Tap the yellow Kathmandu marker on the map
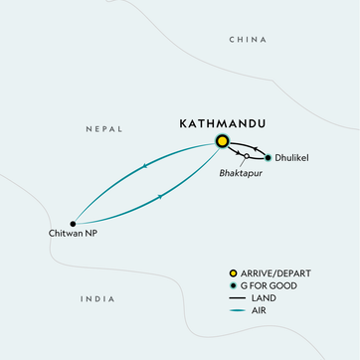point(220,143)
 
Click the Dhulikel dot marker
point(268,157)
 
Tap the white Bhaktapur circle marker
point(246,157)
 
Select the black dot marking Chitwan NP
point(73,223)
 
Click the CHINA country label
point(249,40)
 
